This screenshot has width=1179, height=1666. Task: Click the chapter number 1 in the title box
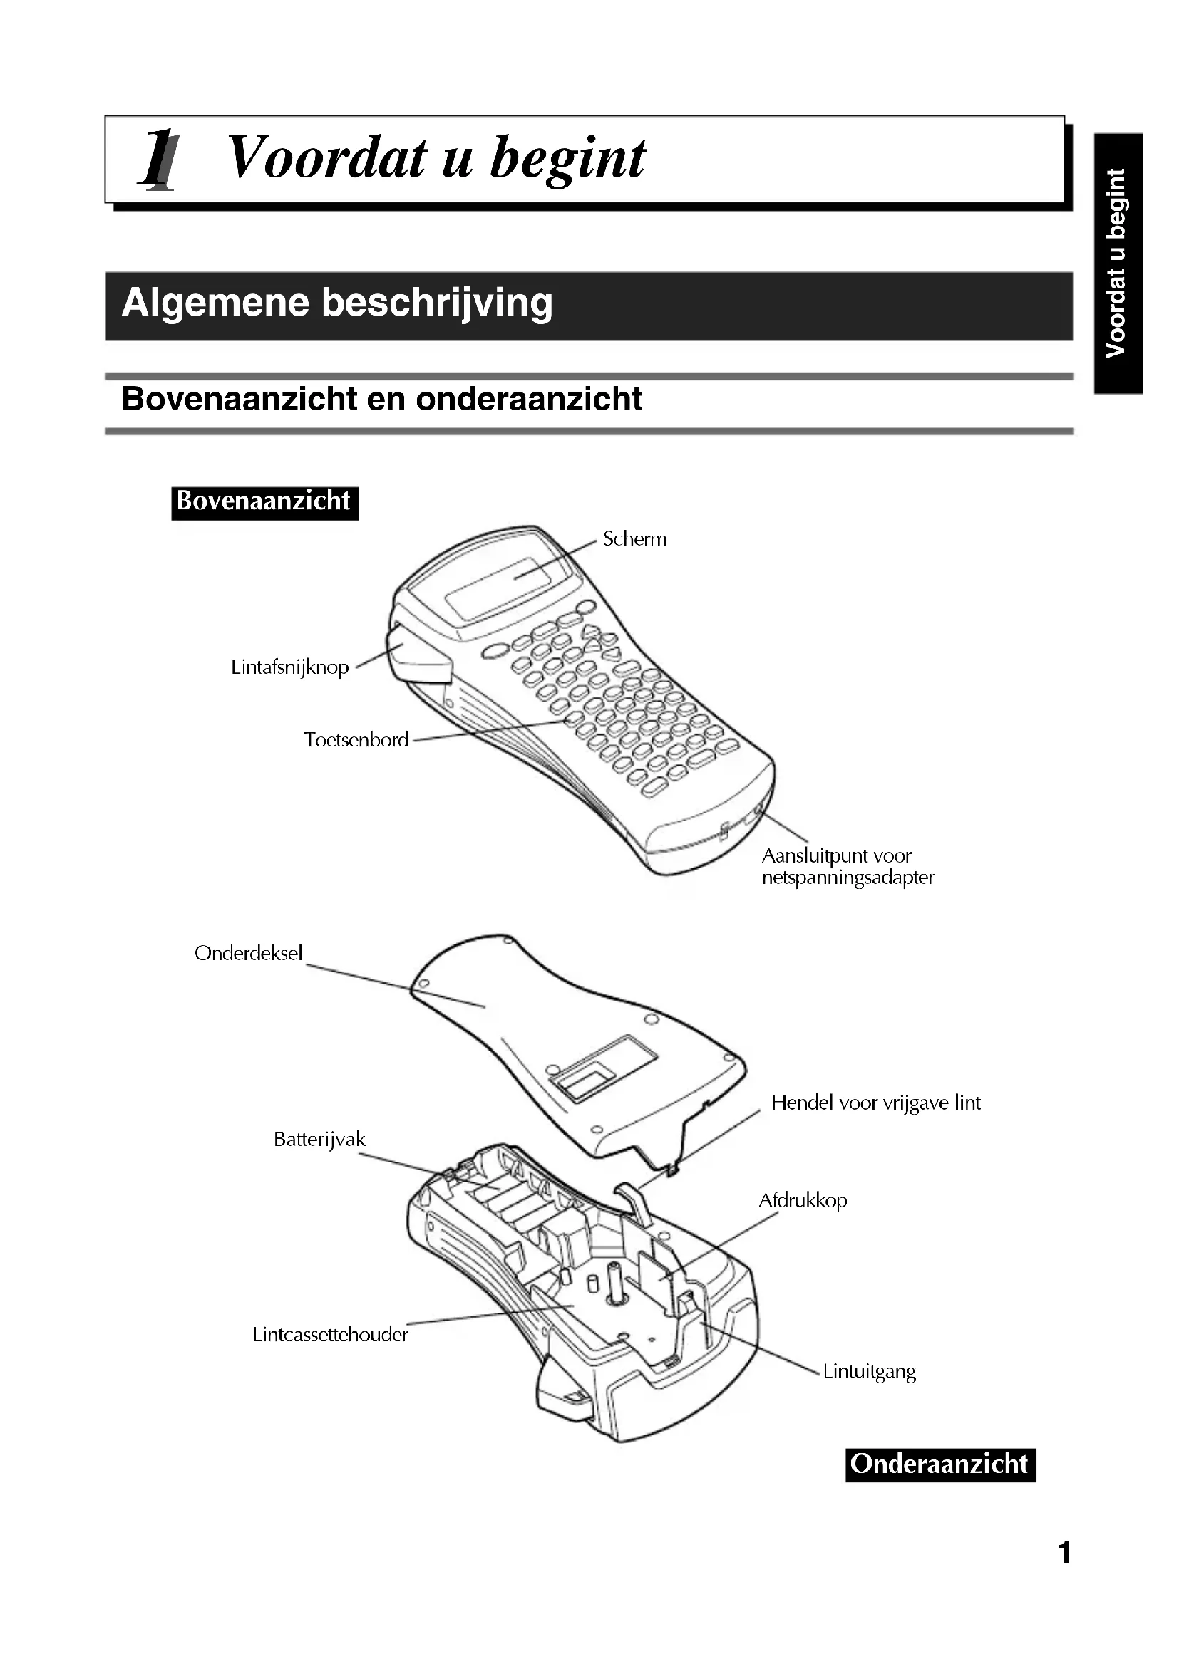[x=158, y=159]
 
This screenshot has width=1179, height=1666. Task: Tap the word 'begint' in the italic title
[x=567, y=159]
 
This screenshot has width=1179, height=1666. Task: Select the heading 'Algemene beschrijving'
[x=337, y=303]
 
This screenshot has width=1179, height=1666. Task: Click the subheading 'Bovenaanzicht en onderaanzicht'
[x=382, y=399]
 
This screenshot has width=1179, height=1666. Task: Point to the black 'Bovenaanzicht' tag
[x=264, y=501]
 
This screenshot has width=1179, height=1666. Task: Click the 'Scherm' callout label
[x=634, y=539]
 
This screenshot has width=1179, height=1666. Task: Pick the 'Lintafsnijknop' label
[x=289, y=667]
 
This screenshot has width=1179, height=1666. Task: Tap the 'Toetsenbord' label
[x=356, y=740]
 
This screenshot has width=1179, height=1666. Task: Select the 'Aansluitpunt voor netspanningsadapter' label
[x=847, y=866]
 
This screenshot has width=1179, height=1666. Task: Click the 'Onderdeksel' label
[x=248, y=954]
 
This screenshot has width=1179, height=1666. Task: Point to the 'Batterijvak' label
[x=319, y=1140]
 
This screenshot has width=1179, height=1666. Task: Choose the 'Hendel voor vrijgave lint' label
[x=875, y=1103]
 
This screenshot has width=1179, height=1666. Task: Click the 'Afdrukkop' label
[x=803, y=1201]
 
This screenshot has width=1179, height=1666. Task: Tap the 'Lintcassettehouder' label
[x=330, y=1335]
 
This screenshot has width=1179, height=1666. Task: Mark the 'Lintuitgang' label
[x=870, y=1372]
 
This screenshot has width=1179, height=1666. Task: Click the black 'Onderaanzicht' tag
[x=940, y=1464]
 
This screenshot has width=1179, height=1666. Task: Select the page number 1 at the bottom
[x=1064, y=1553]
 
